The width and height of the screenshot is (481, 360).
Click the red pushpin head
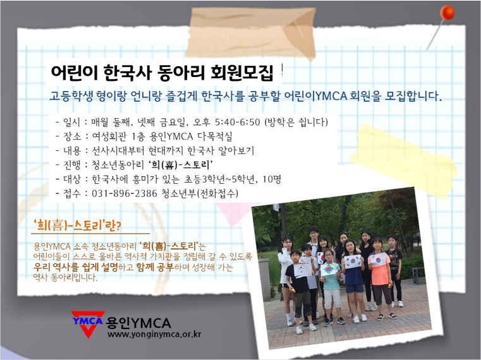(x=448, y=13)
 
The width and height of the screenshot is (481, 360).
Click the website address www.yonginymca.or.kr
(x=154, y=335)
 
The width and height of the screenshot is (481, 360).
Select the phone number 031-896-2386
(x=125, y=193)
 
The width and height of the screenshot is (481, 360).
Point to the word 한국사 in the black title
(x=128, y=73)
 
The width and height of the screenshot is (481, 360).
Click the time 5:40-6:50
(x=238, y=122)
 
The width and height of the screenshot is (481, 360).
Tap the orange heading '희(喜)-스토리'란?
(x=78, y=226)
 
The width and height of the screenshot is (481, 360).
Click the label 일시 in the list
(x=71, y=122)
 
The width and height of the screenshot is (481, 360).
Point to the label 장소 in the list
(x=72, y=136)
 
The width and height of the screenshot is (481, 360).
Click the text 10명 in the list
(x=272, y=179)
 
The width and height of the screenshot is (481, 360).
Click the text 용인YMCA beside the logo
(x=138, y=323)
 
